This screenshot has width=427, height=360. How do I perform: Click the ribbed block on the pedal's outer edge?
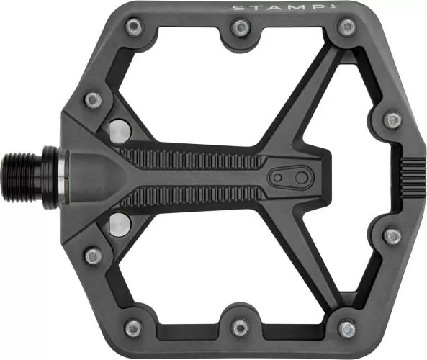pos(413,178)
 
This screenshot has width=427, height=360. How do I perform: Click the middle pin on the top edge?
pos(241,27)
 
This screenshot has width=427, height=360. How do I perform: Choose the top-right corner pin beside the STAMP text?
pos(347,27)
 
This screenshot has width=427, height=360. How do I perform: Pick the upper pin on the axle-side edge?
pos(93,99)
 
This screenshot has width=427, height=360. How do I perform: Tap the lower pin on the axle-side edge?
pos(93,256)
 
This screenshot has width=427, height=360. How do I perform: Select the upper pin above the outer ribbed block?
pos(392,120)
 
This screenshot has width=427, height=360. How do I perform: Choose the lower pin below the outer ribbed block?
pos(392,236)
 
